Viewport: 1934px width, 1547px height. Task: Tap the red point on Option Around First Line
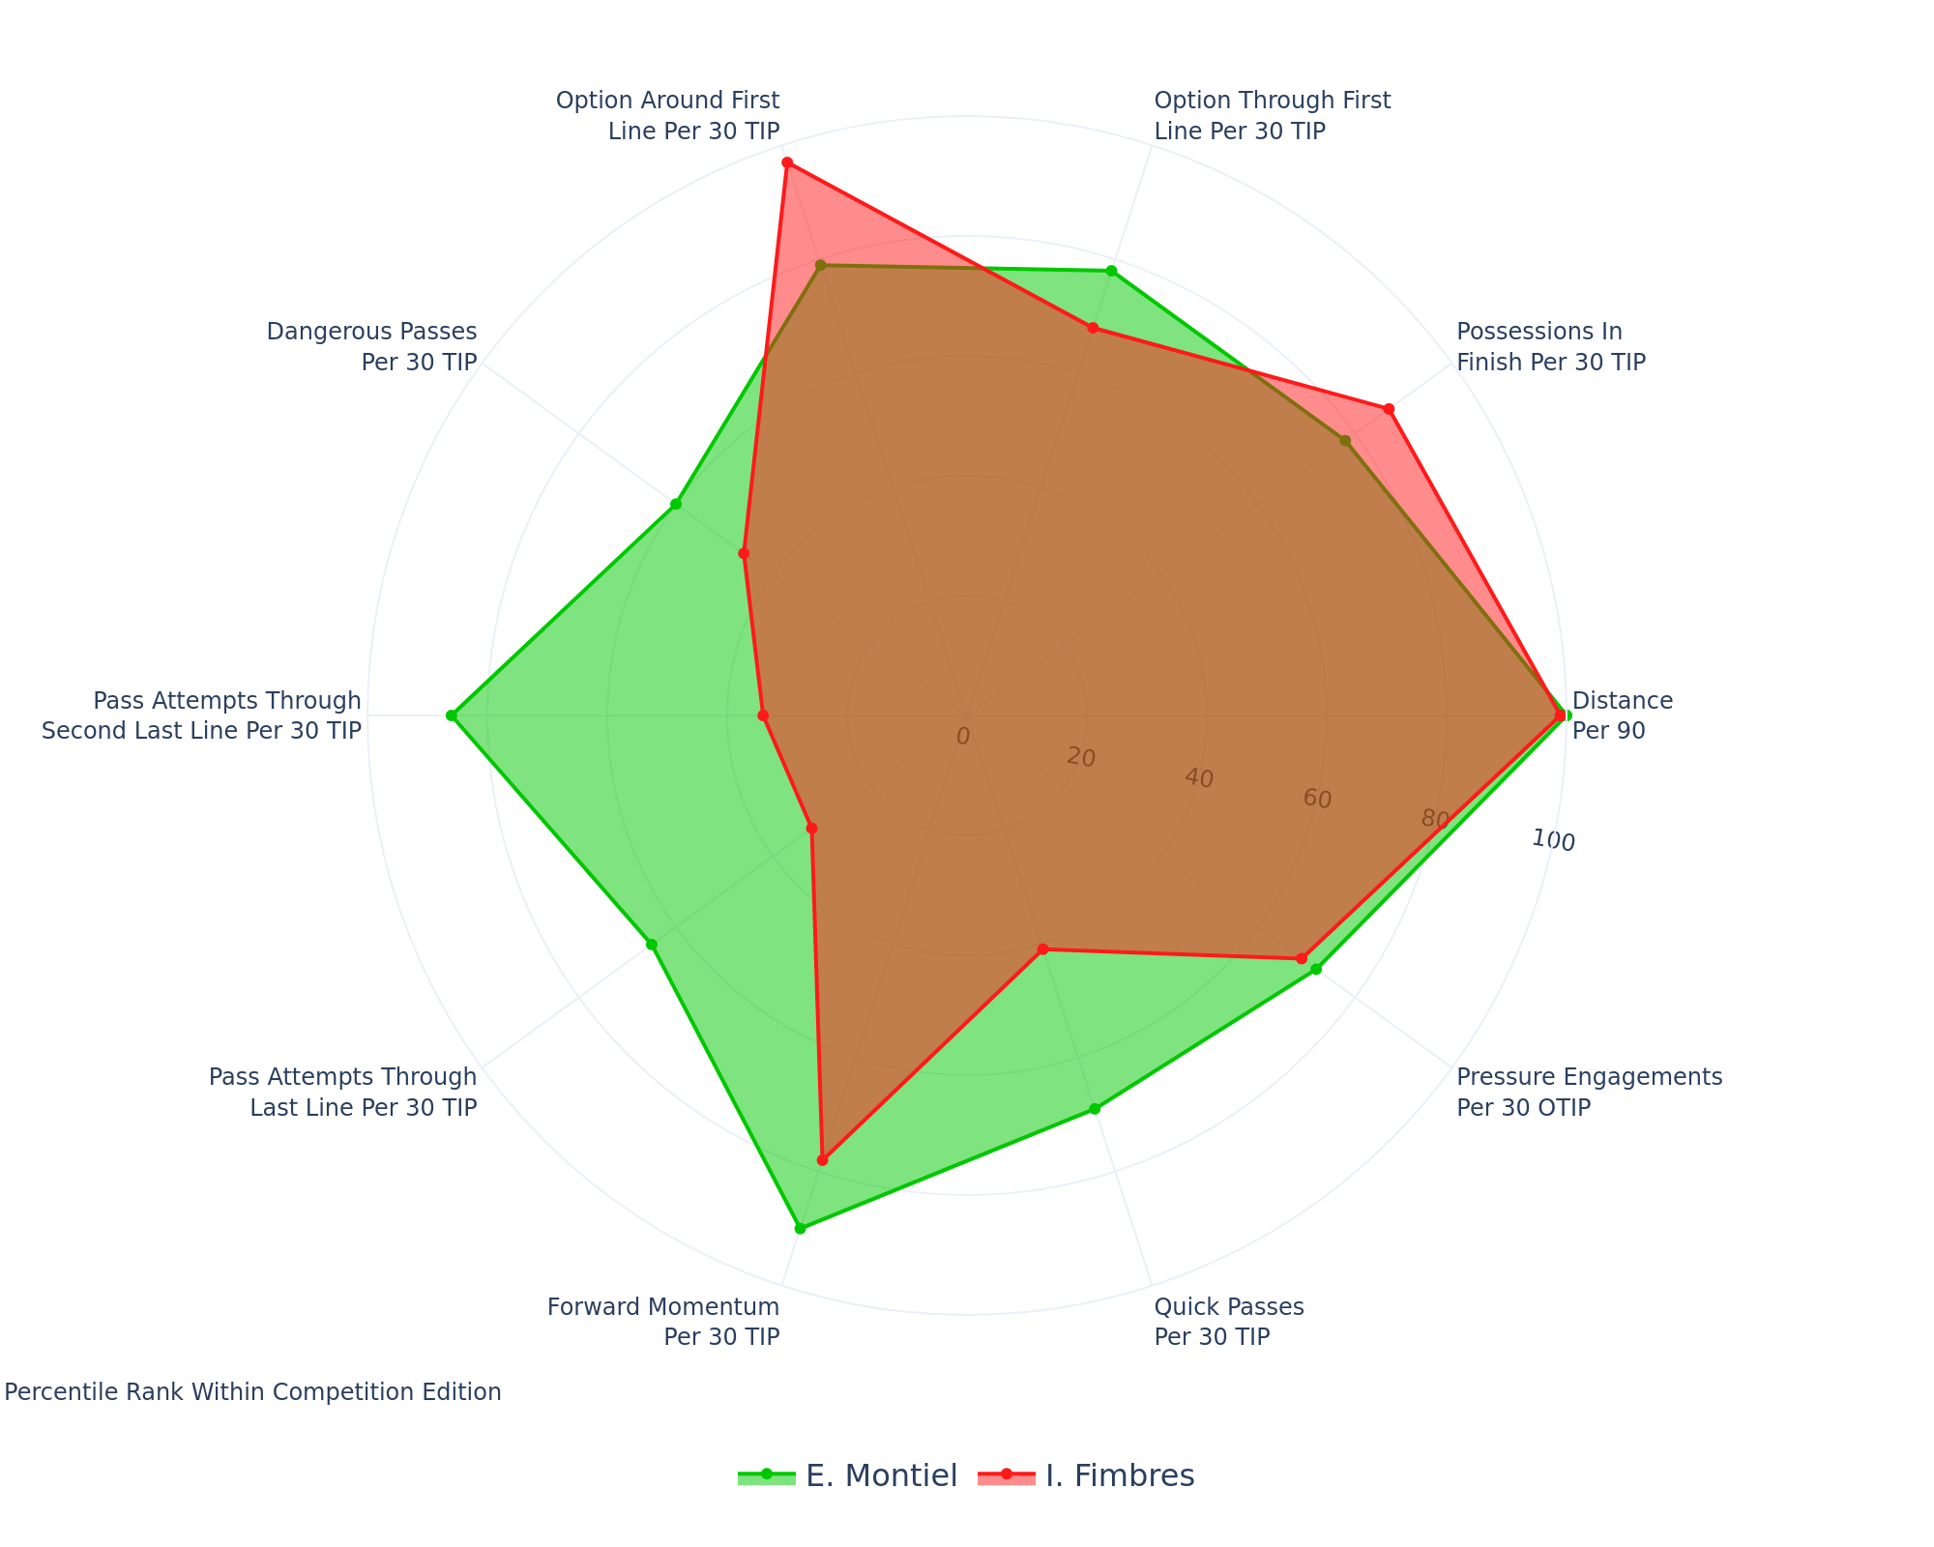coord(787,162)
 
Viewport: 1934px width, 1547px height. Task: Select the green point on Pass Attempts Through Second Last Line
coord(451,715)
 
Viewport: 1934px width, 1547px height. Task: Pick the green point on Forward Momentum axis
coord(800,1228)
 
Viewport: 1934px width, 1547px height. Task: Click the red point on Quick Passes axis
coord(1042,949)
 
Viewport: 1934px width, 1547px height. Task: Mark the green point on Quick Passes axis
coord(1095,1109)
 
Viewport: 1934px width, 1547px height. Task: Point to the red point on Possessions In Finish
coord(1389,409)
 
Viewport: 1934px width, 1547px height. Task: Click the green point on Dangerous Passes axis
coord(676,505)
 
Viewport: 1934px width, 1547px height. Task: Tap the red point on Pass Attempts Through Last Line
coord(812,828)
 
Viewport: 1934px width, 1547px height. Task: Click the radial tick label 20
coord(1081,758)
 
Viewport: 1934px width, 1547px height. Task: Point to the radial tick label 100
coord(1553,840)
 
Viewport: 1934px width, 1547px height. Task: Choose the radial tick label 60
coord(1317,800)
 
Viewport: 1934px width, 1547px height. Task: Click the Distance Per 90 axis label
coord(1622,715)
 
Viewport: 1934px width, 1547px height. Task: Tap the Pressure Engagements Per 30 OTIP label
coord(1589,1092)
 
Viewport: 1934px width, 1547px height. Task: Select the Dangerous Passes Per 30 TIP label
coord(371,346)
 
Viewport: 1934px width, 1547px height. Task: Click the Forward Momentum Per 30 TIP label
coord(663,1322)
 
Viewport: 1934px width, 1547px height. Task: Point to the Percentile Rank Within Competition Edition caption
coord(253,1392)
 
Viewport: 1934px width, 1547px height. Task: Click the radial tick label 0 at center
coord(962,737)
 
